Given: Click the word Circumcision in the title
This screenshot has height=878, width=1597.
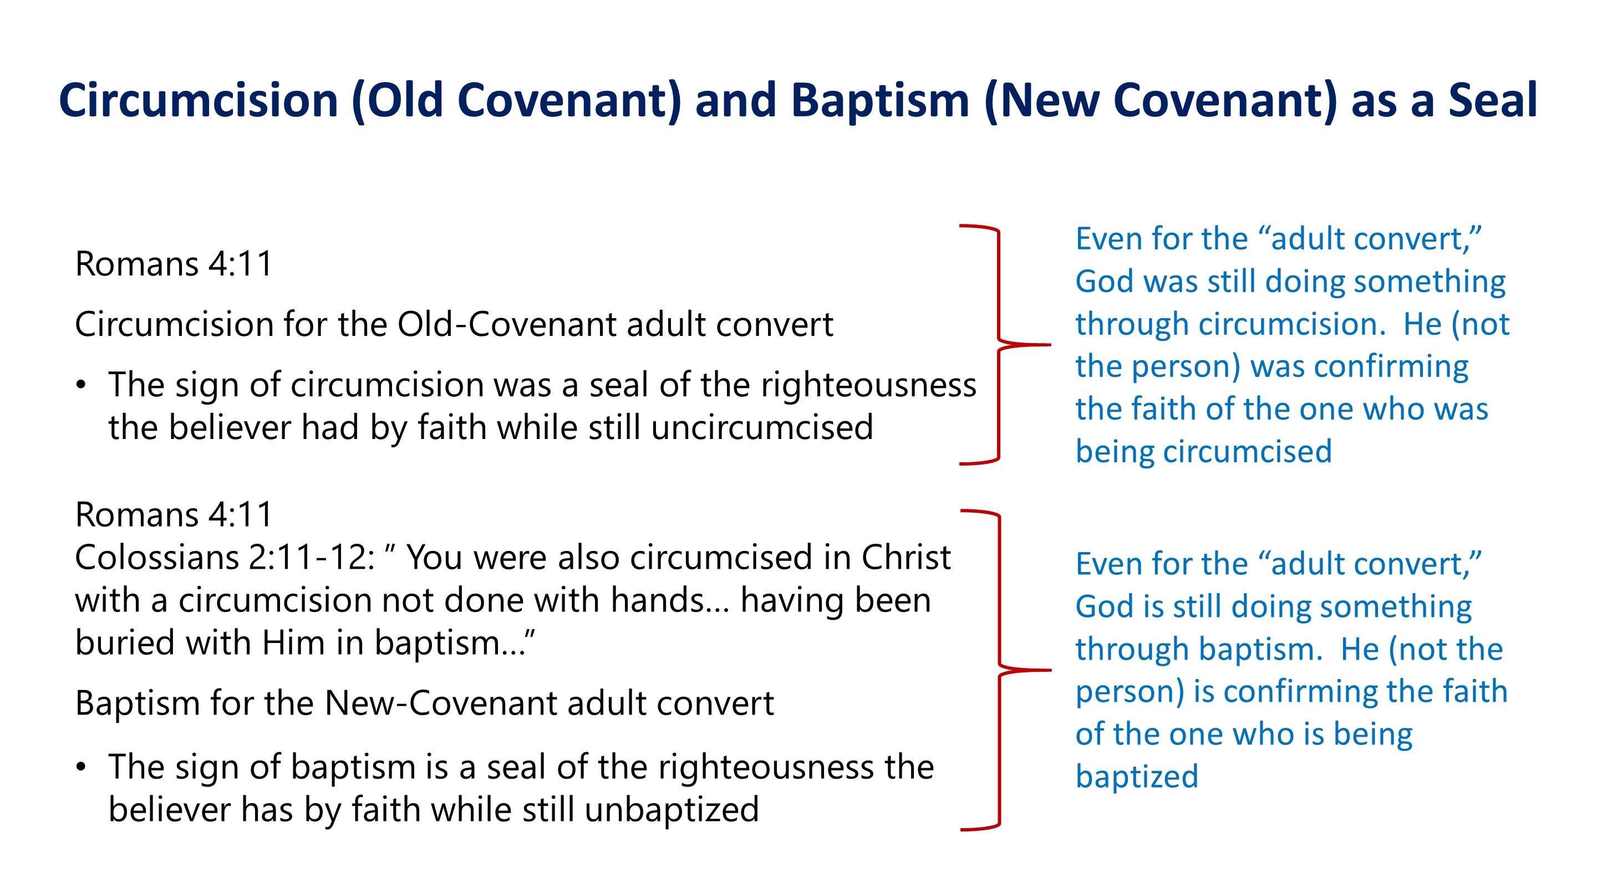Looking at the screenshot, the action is point(199,100).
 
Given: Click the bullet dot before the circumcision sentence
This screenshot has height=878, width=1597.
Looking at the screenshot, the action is point(81,385).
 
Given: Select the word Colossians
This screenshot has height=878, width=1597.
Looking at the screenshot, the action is point(157,558).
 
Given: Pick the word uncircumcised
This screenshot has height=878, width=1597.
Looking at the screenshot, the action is point(762,427).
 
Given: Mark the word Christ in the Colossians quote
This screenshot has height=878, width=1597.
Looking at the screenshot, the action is point(907,558).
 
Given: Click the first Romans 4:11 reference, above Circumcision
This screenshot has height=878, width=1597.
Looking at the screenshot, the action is point(174,264).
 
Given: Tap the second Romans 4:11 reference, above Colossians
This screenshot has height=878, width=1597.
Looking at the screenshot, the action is point(174,514).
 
